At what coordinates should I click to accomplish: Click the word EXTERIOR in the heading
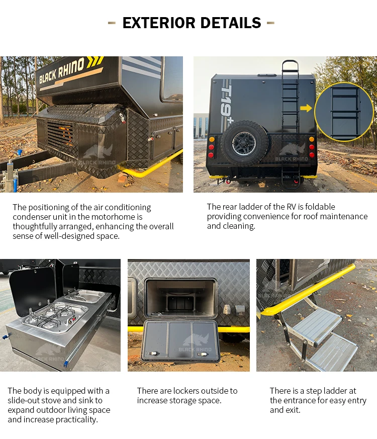(x=159, y=23)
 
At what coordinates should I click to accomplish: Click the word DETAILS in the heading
(x=231, y=23)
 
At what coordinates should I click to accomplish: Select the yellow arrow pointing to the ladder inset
(x=306, y=108)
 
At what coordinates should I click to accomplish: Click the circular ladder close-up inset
(x=344, y=112)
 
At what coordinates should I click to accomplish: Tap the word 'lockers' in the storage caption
(x=182, y=391)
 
